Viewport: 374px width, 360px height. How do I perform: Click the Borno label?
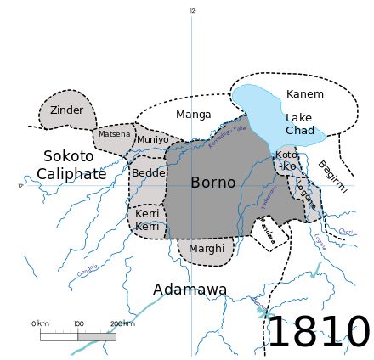212,183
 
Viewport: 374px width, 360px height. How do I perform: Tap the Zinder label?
66,110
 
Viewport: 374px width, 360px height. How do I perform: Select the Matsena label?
115,134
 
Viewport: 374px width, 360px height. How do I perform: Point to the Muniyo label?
153,139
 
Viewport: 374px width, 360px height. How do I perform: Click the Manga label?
193,115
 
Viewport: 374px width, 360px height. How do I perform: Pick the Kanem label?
304,93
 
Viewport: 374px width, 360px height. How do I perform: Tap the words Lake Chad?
299,124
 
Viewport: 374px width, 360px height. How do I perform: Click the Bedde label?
148,173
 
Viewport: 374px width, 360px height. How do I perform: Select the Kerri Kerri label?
147,221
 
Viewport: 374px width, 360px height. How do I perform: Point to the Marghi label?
207,249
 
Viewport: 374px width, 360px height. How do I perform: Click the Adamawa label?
190,290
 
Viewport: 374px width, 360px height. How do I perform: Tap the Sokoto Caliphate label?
71,166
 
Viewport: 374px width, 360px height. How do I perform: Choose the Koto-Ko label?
286,160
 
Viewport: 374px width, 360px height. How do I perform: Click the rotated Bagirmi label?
332,177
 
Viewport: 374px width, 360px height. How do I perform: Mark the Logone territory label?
306,195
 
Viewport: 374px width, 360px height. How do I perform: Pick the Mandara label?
267,233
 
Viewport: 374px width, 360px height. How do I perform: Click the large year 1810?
318,332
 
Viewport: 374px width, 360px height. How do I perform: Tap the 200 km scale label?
122,323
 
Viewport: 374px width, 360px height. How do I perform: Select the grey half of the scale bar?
97,335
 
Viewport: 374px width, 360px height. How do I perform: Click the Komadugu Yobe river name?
227,134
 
